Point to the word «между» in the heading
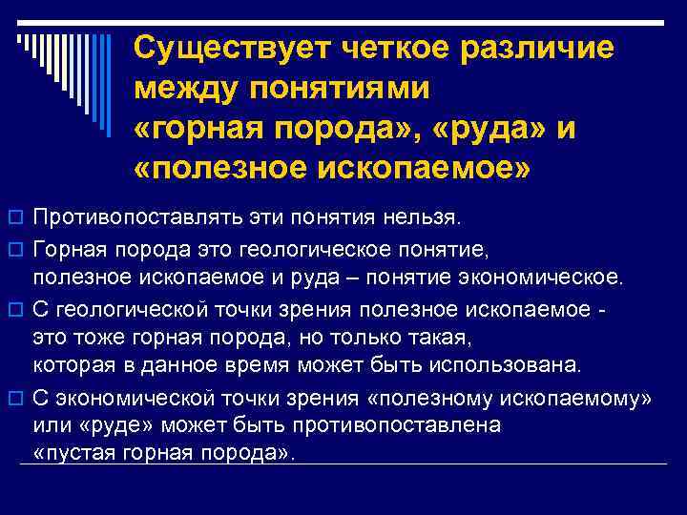point(186,89)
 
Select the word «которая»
point(73,364)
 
